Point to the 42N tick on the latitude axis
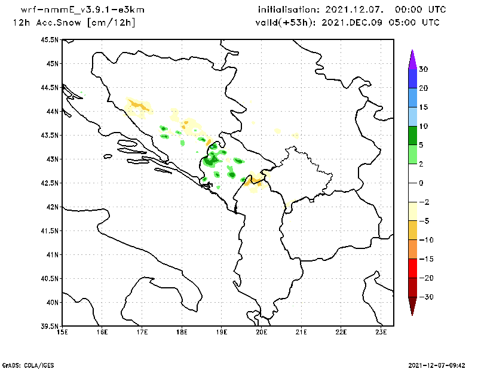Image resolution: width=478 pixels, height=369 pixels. [51, 207]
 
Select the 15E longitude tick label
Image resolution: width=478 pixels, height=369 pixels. [62, 332]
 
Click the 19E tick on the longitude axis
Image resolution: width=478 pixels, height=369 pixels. [222, 332]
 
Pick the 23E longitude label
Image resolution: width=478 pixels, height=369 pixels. [381, 332]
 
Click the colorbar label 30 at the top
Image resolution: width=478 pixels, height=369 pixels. [423, 69]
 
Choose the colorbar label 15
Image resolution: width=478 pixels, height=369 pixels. [423, 107]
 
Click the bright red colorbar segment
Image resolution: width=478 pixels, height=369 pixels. [412, 269]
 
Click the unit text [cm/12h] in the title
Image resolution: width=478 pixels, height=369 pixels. [111, 23]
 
